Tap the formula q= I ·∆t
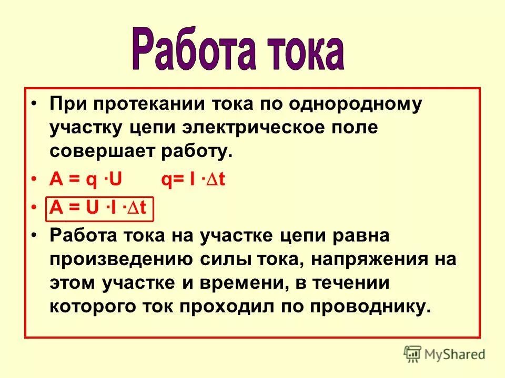pyautogui.click(x=193, y=180)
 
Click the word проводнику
pyautogui.click(x=372, y=307)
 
